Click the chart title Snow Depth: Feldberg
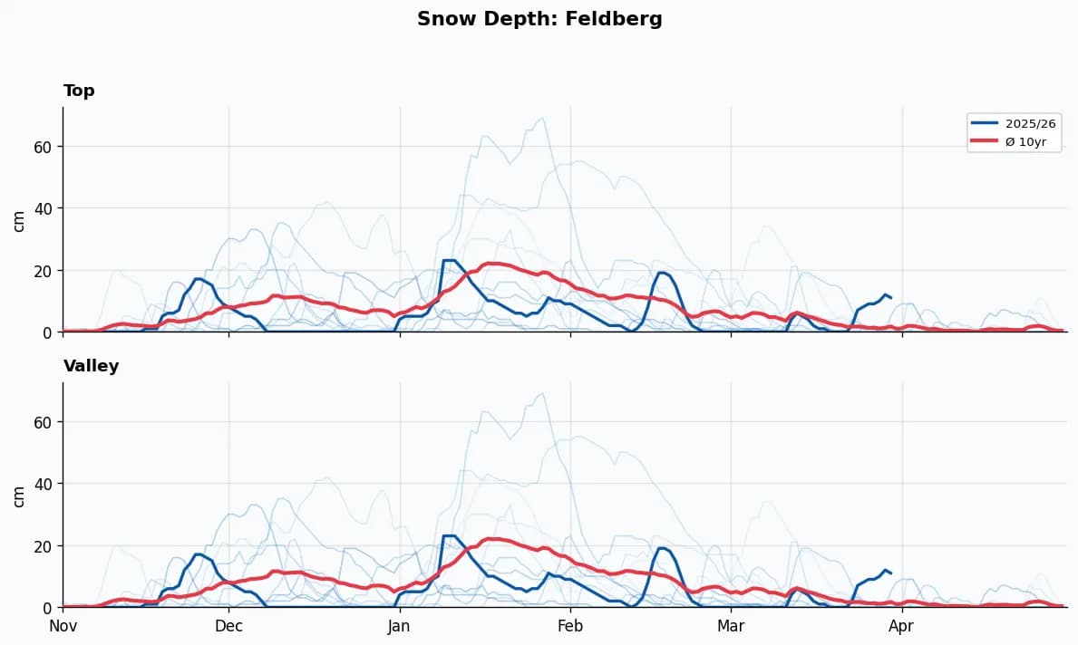(x=539, y=19)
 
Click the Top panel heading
(x=79, y=91)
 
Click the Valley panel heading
(x=91, y=366)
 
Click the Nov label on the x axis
(x=63, y=626)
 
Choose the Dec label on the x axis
(x=228, y=626)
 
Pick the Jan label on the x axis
(x=399, y=626)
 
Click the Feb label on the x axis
(x=570, y=626)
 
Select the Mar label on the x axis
(x=731, y=626)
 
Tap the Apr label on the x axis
(x=901, y=626)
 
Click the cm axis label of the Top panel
(x=19, y=220)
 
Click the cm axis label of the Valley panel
(x=19, y=496)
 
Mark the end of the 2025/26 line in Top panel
(x=891, y=297)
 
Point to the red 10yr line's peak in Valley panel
(x=490, y=539)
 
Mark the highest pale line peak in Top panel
(x=542, y=118)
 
